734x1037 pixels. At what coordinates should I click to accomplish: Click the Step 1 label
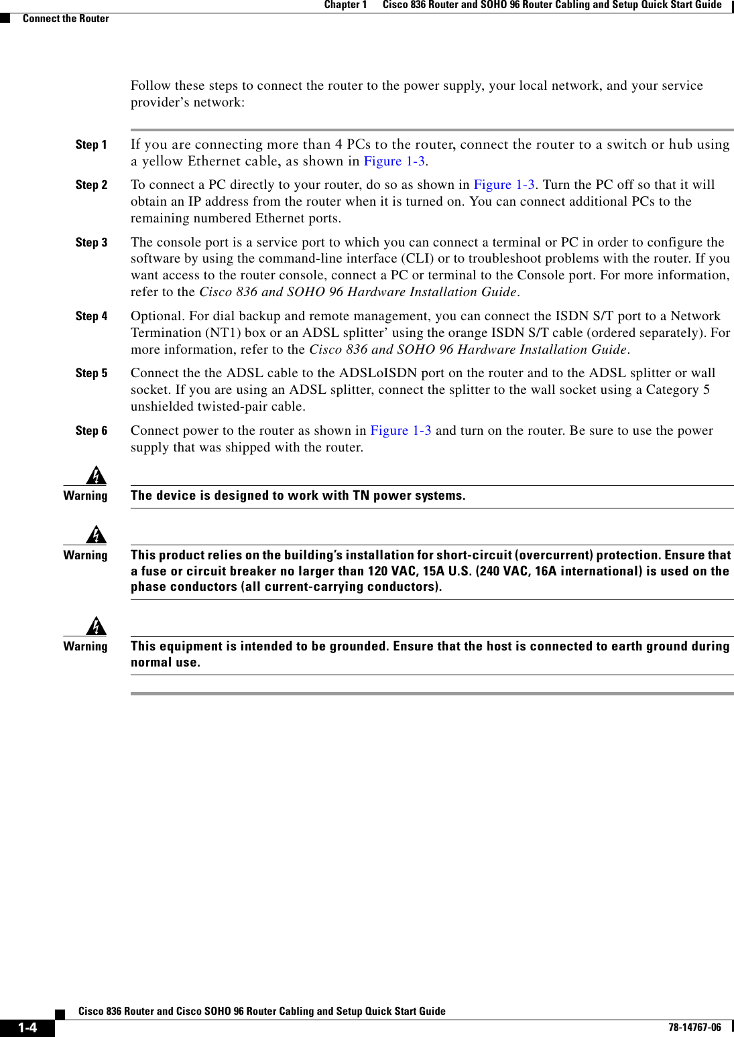pos(91,145)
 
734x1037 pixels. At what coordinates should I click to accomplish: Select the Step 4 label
pos(91,316)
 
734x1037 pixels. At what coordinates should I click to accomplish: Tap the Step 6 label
pos(91,431)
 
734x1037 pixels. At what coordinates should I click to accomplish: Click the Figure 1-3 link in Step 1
pos(394,161)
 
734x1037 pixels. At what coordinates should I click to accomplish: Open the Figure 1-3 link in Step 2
pos(504,185)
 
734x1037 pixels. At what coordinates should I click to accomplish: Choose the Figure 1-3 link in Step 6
pos(401,431)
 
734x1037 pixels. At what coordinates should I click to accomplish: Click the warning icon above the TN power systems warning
pos(97,475)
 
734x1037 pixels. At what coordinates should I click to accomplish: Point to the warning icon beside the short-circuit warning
pos(97,535)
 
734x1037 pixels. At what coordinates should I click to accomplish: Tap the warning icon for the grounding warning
pos(97,626)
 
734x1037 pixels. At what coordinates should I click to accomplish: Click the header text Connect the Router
pos(66,19)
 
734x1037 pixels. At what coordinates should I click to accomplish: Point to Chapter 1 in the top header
pos(345,5)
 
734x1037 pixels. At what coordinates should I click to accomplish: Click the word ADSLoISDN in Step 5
pos(378,373)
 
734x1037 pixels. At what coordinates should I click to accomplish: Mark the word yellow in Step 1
pos(162,161)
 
